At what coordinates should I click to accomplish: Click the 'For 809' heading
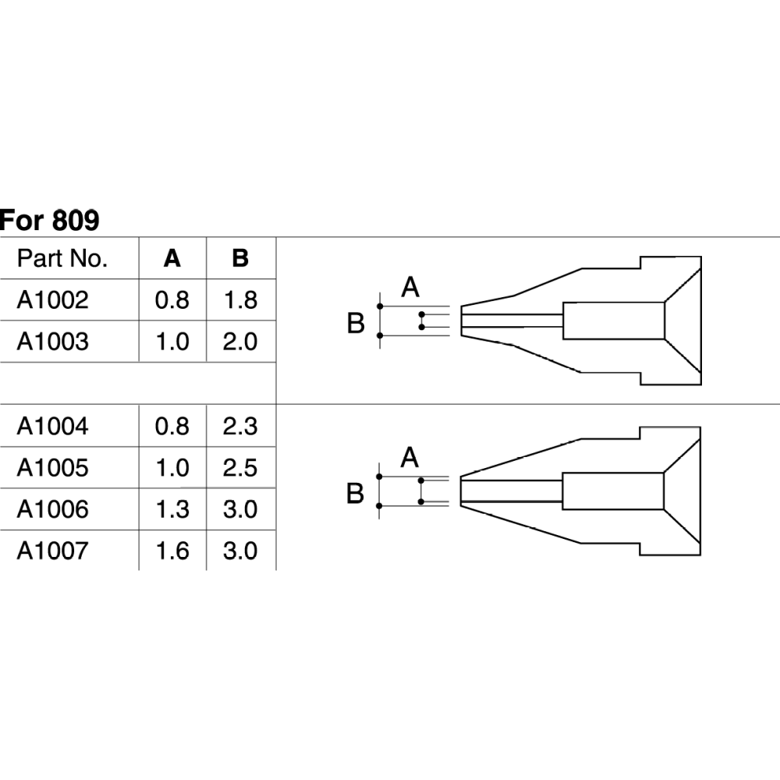click(49, 221)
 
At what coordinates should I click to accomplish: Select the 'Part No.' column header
click(62, 259)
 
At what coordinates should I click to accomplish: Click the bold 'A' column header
click(172, 259)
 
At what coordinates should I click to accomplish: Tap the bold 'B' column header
click(240, 259)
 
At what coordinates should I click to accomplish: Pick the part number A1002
click(53, 300)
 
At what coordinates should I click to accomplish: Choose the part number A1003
click(53, 342)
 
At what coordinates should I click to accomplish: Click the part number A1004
click(53, 426)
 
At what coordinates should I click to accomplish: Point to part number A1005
click(53, 468)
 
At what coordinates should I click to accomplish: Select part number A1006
click(53, 509)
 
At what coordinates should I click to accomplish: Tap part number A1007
click(53, 551)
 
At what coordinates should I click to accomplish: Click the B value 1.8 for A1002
click(240, 300)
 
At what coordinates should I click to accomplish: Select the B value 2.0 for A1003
click(240, 342)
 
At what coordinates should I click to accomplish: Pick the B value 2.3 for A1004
click(240, 426)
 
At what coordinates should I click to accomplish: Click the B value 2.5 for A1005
click(240, 468)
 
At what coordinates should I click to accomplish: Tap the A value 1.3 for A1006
click(172, 509)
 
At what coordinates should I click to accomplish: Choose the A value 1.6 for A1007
click(172, 551)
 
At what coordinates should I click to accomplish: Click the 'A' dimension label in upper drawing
click(411, 288)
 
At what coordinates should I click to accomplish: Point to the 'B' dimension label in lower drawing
click(356, 494)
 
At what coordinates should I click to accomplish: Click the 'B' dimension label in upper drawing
click(356, 322)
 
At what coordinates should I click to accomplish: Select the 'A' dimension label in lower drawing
click(410, 458)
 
